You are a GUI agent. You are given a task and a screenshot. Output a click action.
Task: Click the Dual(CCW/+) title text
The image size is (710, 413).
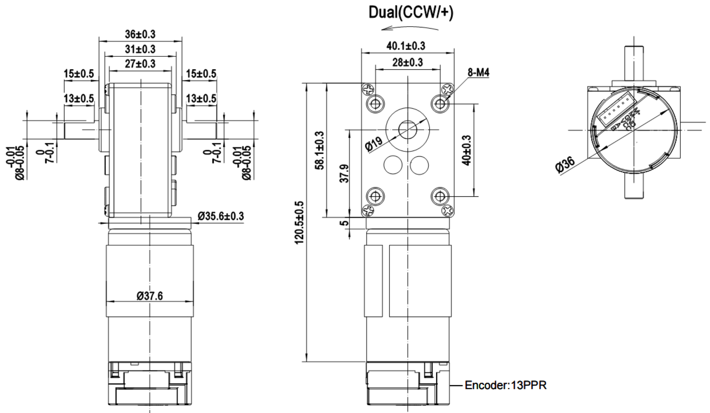(x=411, y=13)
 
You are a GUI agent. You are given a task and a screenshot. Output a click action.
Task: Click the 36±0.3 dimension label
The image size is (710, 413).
(x=140, y=34)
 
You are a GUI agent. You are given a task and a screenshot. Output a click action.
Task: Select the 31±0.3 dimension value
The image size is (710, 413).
(x=140, y=49)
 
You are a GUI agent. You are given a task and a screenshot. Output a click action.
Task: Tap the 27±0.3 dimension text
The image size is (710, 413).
(x=140, y=63)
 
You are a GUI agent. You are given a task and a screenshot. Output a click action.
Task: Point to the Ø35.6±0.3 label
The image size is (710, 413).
(x=221, y=216)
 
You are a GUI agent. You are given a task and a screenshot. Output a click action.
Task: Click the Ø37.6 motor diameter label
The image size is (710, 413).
(x=150, y=296)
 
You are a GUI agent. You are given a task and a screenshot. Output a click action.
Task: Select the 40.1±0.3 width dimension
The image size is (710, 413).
(x=405, y=46)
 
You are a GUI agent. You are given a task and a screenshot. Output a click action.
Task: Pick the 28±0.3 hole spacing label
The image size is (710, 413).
(x=407, y=62)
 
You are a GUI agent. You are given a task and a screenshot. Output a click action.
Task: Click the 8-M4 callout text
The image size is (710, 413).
(x=478, y=72)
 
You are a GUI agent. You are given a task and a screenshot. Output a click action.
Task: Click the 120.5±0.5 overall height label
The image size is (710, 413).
(x=300, y=222)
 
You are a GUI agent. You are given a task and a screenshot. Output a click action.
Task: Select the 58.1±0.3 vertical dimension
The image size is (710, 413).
(x=319, y=150)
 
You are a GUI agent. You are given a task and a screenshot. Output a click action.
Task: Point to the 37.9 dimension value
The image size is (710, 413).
(x=344, y=174)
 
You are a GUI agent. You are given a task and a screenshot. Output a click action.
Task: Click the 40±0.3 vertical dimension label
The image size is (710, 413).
(x=466, y=150)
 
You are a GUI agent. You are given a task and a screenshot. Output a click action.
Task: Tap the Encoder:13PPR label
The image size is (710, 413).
(x=505, y=385)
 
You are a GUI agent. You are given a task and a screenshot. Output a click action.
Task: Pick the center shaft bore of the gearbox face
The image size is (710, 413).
(x=408, y=130)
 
